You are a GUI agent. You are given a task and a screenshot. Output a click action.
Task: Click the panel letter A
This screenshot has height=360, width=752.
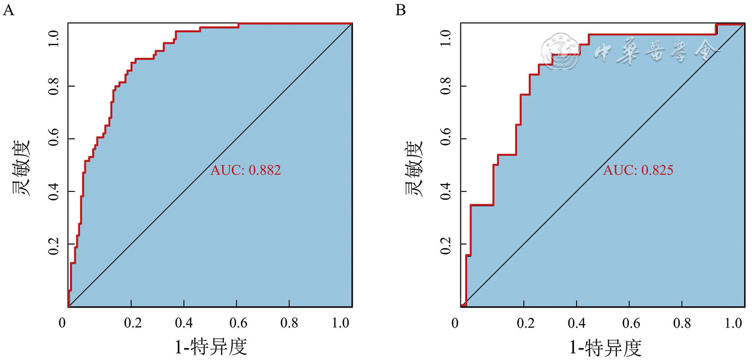8,10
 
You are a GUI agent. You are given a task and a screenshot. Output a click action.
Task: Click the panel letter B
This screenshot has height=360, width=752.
400,10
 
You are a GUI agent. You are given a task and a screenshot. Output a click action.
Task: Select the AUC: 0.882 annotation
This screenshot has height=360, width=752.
245,171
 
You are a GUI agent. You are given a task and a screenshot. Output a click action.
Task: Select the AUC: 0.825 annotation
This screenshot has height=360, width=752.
638,171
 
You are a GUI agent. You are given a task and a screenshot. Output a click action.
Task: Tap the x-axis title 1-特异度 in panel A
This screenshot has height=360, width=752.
211,347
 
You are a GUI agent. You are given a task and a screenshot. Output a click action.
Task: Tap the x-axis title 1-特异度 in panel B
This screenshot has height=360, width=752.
605,347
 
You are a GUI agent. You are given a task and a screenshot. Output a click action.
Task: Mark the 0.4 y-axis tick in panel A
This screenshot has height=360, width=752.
53,191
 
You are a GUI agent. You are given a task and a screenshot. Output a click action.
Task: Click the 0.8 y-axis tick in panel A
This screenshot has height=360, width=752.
53,86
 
